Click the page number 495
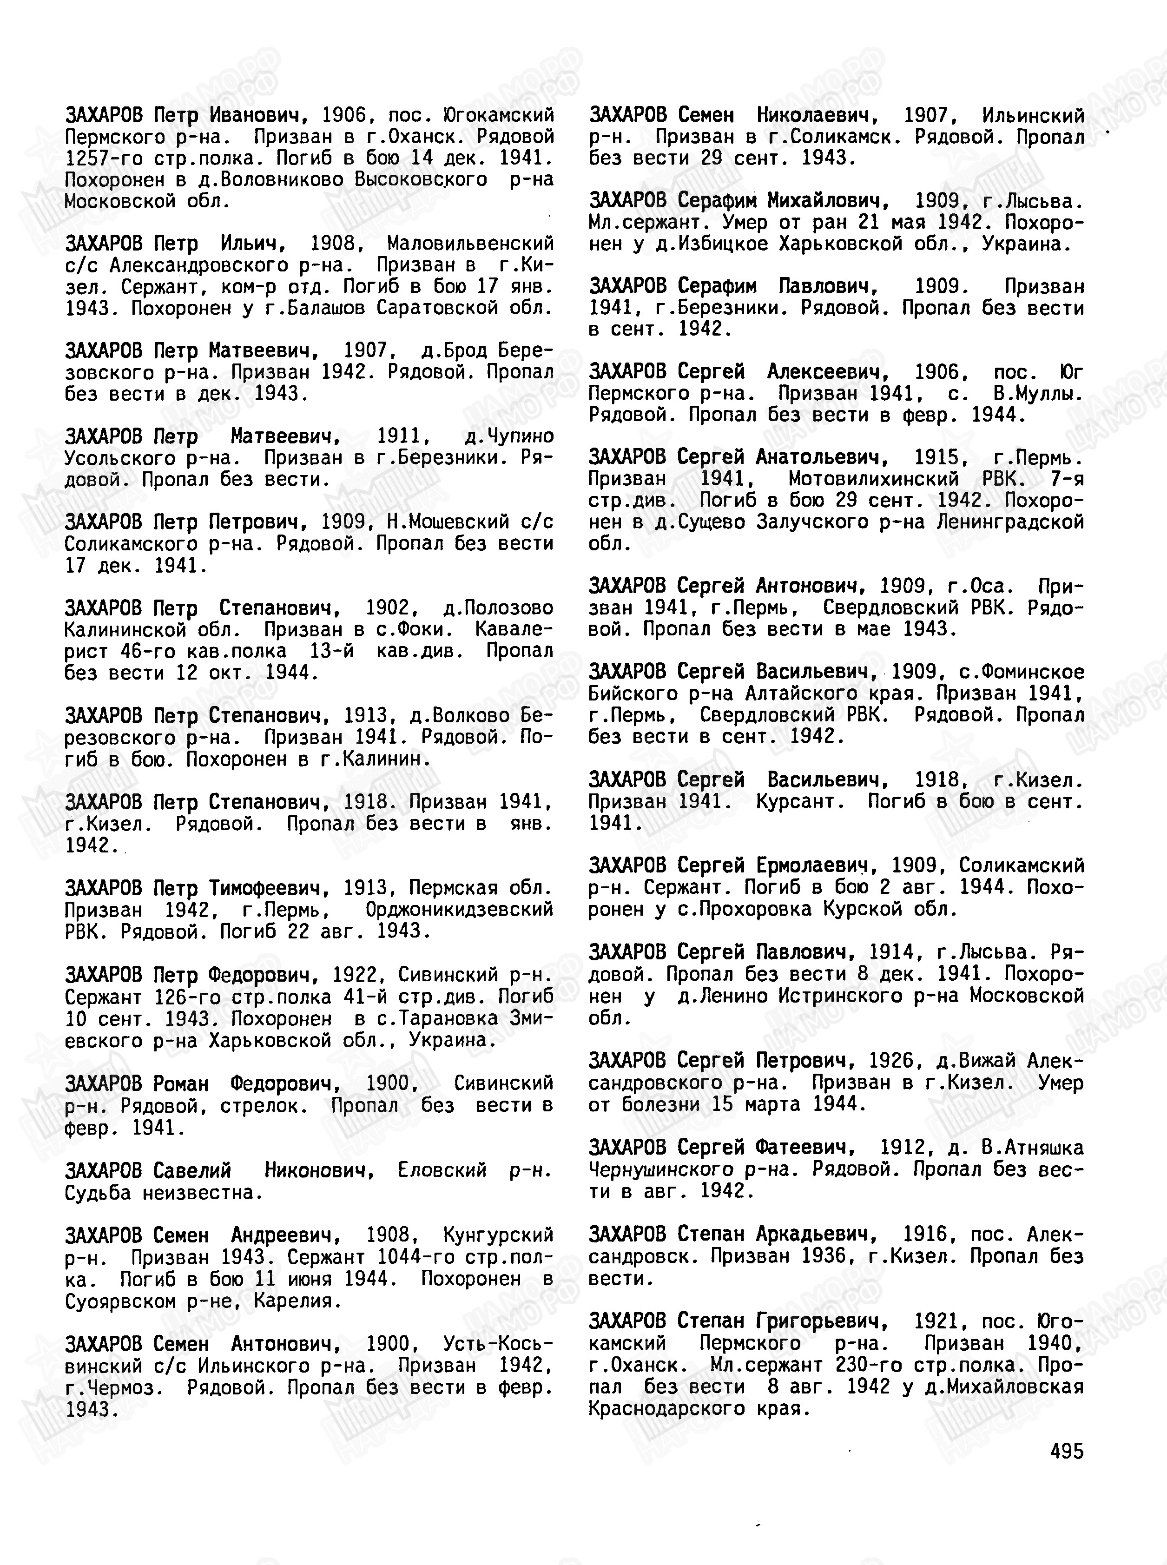pos(1066,1451)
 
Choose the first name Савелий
pos(192,1170)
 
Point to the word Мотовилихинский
pos(874,479)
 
